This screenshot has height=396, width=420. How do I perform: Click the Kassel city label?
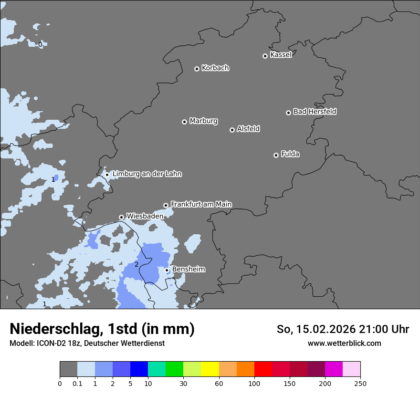pyautogui.click(x=281, y=55)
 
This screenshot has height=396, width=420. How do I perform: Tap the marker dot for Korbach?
pyautogui.click(x=197, y=69)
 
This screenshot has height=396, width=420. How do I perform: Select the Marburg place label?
pyautogui.click(x=203, y=121)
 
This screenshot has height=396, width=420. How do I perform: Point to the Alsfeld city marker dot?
pyautogui.click(x=232, y=130)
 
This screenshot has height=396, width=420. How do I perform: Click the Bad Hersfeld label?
pyautogui.click(x=315, y=112)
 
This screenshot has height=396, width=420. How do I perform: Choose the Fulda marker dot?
pyautogui.click(x=276, y=155)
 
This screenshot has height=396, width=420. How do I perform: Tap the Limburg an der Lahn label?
pyautogui.click(x=147, y=174)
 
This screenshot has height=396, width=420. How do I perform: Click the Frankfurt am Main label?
pyautogui.click(x=201, y=204)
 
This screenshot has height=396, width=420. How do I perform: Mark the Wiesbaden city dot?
pyautogui.click(x=121, y=217)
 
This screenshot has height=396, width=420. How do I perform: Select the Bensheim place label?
pyautogui.click(x=189, y=269)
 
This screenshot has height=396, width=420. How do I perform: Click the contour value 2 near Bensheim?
pyautogui.click(x=136, y=264)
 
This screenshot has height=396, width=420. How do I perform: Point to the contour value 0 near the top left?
pyautogui.click(x=40, y=44)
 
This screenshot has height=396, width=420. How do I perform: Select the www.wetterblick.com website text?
pyautogui.click(x=344, y=343)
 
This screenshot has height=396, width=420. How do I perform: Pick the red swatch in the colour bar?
pyautogui.click(x=263, y=369)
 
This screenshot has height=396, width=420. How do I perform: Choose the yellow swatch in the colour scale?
pyautogui.click(x=210, y=369)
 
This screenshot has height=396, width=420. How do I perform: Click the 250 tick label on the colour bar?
pyautogui.click(x=360, y=383)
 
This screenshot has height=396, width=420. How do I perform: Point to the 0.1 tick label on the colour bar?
pyautogui.click(x=77, y=383)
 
